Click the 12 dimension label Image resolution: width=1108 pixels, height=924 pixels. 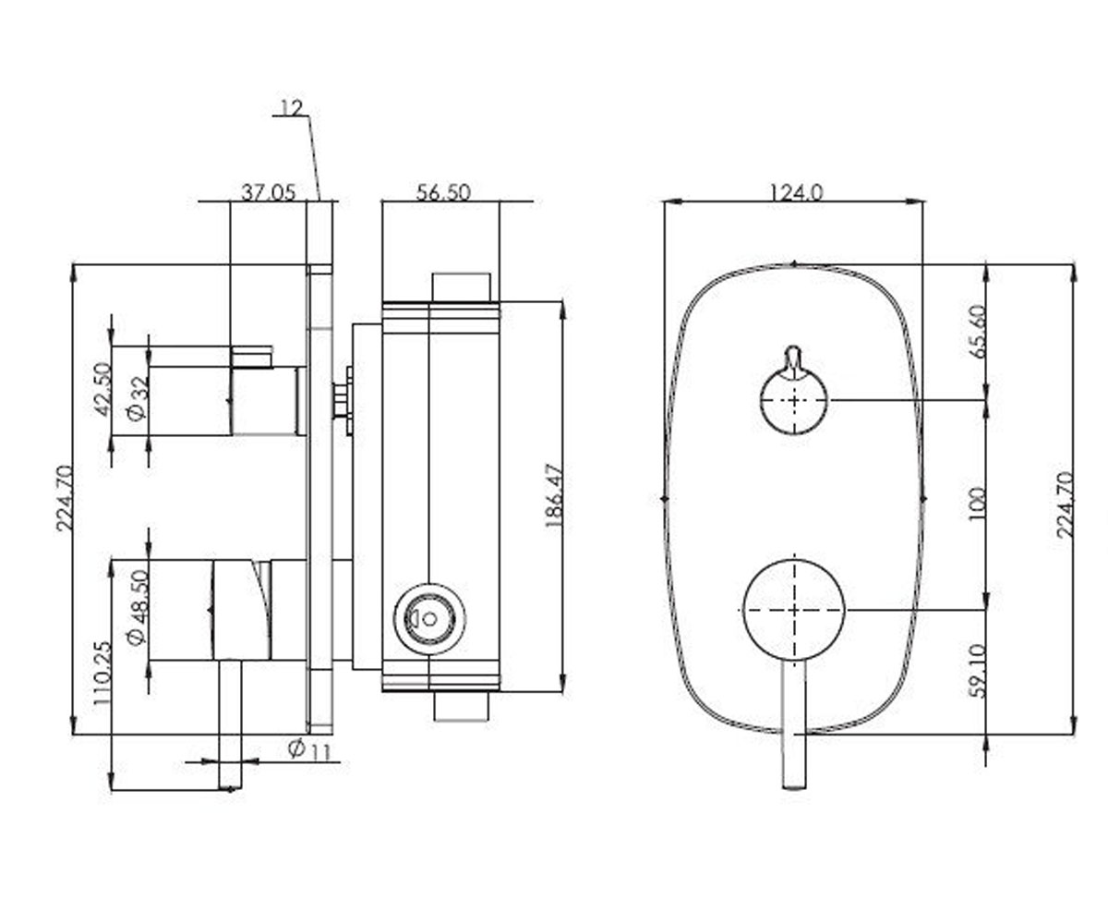click(x=292, y=108)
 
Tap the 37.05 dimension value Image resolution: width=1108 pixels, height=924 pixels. click(x=268, y=192)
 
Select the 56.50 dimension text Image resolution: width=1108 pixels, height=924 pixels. click(x=443, y=192)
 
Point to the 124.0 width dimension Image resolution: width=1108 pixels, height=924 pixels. click(x=797, y=192)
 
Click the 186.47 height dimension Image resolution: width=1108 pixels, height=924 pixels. click(x=554, y=495)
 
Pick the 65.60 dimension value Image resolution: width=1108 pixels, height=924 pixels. click(x=979, y=332)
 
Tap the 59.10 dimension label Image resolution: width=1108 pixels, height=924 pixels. click(x=979, y=671)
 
